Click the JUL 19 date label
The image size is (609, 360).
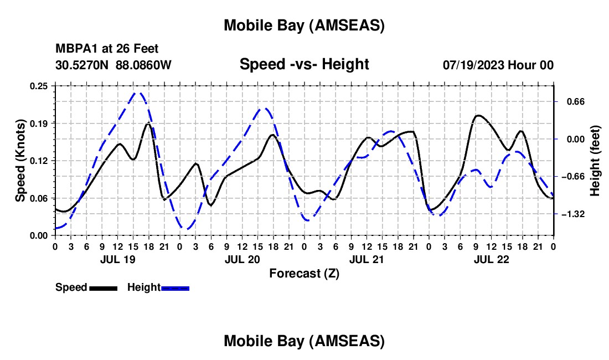coord(117,259)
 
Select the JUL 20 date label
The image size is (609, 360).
coord(242,259)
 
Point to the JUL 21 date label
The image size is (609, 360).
coord(367,259)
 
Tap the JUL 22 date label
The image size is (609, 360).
coord(491,259)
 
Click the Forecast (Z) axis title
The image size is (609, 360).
coord(304,273)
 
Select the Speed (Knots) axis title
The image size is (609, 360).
coord(20,161)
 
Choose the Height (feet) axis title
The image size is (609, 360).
coord(595,161)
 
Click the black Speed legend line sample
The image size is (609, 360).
coord(103,288)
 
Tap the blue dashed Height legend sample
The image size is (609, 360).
coord(175,288)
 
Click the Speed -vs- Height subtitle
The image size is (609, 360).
coord(304,64)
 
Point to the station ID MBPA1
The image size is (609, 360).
coord(74,49)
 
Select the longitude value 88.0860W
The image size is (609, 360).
coord(144,65)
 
